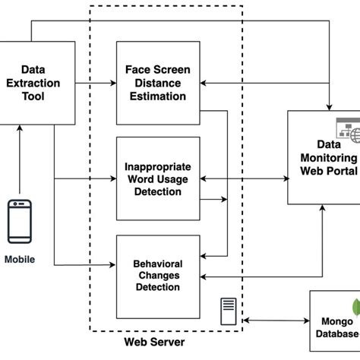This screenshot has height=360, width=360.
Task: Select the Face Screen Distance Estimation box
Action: coord(158,84)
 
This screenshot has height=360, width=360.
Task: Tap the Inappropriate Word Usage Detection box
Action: coord(158,178)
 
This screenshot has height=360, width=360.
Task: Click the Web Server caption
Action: coord(154,342)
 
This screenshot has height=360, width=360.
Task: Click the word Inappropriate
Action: coord(158,166)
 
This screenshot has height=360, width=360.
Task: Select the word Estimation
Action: coord(158,96)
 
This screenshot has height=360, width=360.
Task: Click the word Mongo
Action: coord(328,320)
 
